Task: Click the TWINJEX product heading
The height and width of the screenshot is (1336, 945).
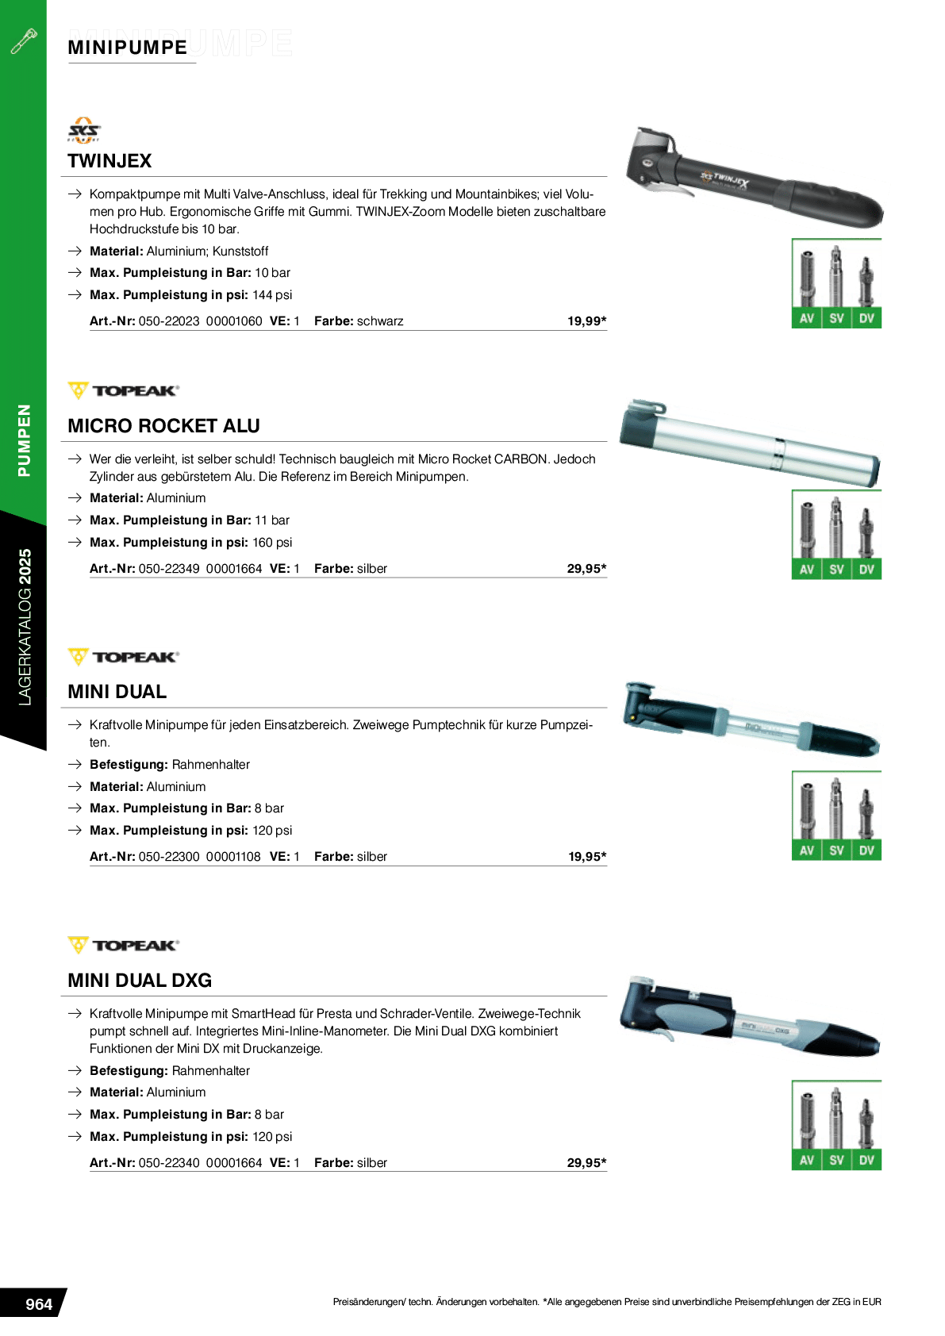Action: click(109, 161)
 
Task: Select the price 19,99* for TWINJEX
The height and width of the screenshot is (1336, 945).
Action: click(586, 321)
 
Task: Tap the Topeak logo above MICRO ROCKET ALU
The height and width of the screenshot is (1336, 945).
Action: click(124, 391)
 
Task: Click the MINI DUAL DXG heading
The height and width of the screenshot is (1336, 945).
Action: click(140, 981)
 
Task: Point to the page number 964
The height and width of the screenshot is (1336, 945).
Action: click(38, 1304)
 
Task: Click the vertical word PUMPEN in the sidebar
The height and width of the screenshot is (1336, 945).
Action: click(25, 440)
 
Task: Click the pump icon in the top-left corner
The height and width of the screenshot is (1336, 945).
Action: click(24, 41)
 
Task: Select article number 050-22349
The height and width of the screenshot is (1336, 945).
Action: click(169, 569)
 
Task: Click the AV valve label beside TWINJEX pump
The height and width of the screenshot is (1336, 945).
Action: click(807, 319)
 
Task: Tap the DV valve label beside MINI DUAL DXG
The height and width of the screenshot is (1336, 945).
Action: click(866, 1161)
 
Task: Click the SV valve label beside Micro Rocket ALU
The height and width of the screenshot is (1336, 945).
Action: click(836, 570)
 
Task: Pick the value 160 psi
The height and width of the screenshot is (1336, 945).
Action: click(272, 543)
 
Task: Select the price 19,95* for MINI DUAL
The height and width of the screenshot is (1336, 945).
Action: click(586, 857)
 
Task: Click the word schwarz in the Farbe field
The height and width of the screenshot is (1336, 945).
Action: click(380, 321)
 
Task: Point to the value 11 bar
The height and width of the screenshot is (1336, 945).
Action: click(272, 520)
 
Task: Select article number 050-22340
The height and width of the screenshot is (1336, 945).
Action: click(169, 1163)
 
